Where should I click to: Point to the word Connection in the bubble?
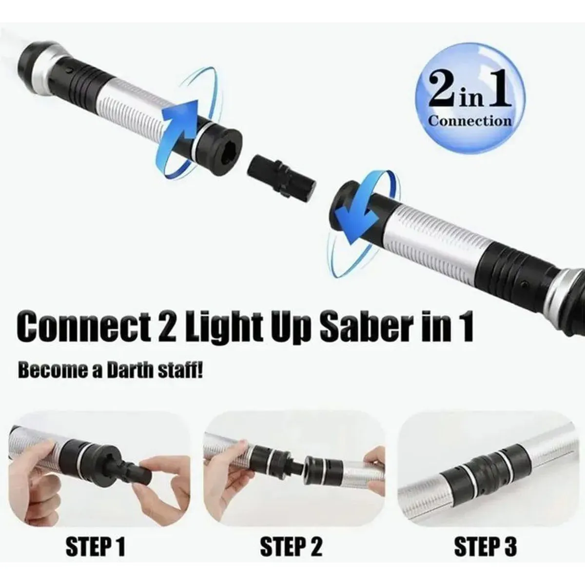click(x=470, y=120)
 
